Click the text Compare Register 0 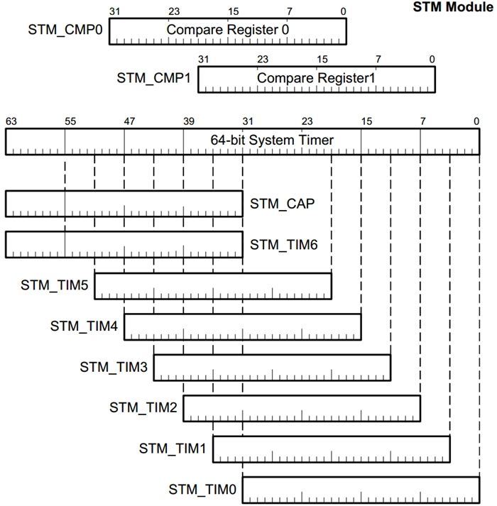click(228, 30)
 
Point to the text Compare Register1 click(316, 77)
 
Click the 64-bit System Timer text click(272, 140)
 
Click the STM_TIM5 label click(54, 285)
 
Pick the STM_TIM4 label click(84, 326)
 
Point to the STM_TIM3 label click(114, 367)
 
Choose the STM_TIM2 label click(143, 407)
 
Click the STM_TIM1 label click(173, 448)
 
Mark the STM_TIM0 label click(202, 489)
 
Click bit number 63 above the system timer click(11, 121)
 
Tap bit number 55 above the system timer click(70, 121)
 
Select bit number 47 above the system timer click(129, 121)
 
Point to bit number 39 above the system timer click(188, 121)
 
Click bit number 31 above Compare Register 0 click(115, 11)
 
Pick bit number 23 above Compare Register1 click(263, 59)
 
